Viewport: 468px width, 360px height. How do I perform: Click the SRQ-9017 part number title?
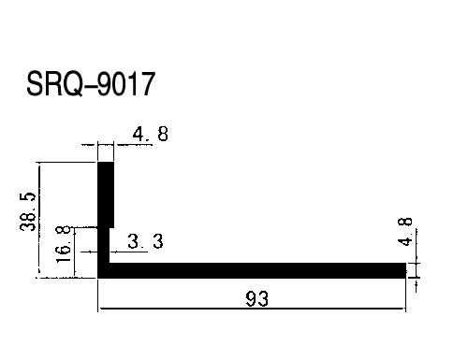pyautogui.click(x=91, y=84)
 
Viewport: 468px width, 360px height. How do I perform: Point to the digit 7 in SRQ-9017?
pyautogui.click(x=147, y=84)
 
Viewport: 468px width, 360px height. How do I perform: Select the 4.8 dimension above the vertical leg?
pyautogui.click(x=151, y=135)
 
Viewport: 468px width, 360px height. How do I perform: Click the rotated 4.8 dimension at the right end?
pyautogui.click(x=405, y=232)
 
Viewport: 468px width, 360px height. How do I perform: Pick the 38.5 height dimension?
pyautogui.click(x=28, y=211)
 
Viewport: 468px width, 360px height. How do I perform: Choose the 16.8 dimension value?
pyautogui.click(x=63, y=245)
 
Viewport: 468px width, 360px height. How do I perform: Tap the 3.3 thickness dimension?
pyautogui.click(x=145, y=241)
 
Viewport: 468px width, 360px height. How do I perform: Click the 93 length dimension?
pyautogui.click(x=256, y=299)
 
